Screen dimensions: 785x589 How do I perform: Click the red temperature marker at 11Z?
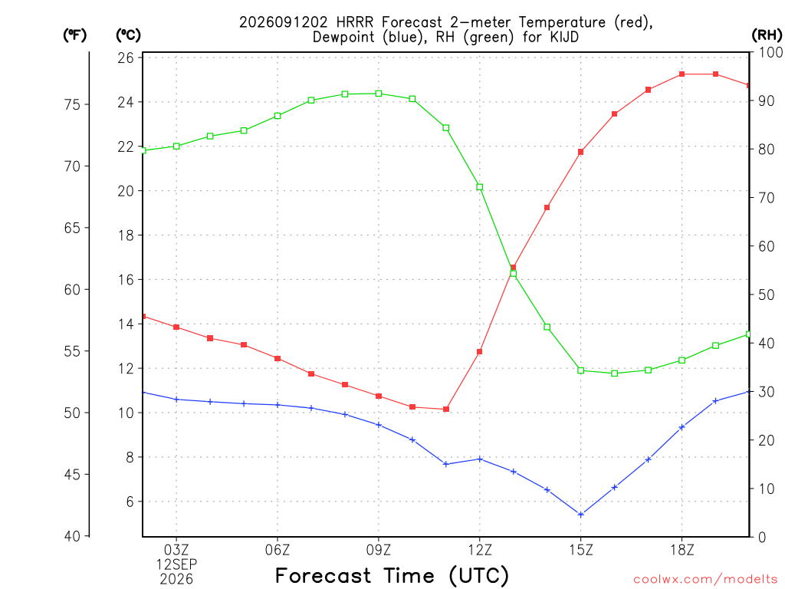tap(446, 410)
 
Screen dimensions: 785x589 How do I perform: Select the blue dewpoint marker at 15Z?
tap(581, 515)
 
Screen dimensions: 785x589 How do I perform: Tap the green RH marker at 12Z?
tap(480, 187)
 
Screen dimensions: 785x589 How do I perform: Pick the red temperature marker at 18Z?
tap(682, 74)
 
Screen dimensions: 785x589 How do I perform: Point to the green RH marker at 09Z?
tap(379, 94)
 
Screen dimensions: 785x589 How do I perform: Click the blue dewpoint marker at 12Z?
tap(480, 459)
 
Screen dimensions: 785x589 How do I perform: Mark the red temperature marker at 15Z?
tap(581, 152)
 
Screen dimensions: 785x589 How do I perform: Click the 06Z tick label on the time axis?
tap(278, 550)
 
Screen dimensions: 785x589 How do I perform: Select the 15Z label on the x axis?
tap(581, 550)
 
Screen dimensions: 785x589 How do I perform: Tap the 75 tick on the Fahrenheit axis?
tap(72, 104)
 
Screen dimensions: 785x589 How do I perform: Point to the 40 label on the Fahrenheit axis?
tap(72, 536)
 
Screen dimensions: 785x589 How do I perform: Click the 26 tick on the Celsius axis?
tap(126, 58)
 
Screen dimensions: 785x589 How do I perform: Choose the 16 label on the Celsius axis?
tap(126, 279)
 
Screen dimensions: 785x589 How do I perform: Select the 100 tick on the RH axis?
tap(770, 52)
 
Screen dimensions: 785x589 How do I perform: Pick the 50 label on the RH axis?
tap(767, 294)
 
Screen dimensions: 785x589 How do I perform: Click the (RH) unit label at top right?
tap(767, 35)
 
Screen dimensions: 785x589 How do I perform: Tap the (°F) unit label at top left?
tap(74, 35)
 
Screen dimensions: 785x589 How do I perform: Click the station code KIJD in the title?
tap(564, 37)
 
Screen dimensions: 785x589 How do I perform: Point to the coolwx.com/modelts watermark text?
tap(705, 579)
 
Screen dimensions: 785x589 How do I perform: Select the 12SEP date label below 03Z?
tap(176, 564)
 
